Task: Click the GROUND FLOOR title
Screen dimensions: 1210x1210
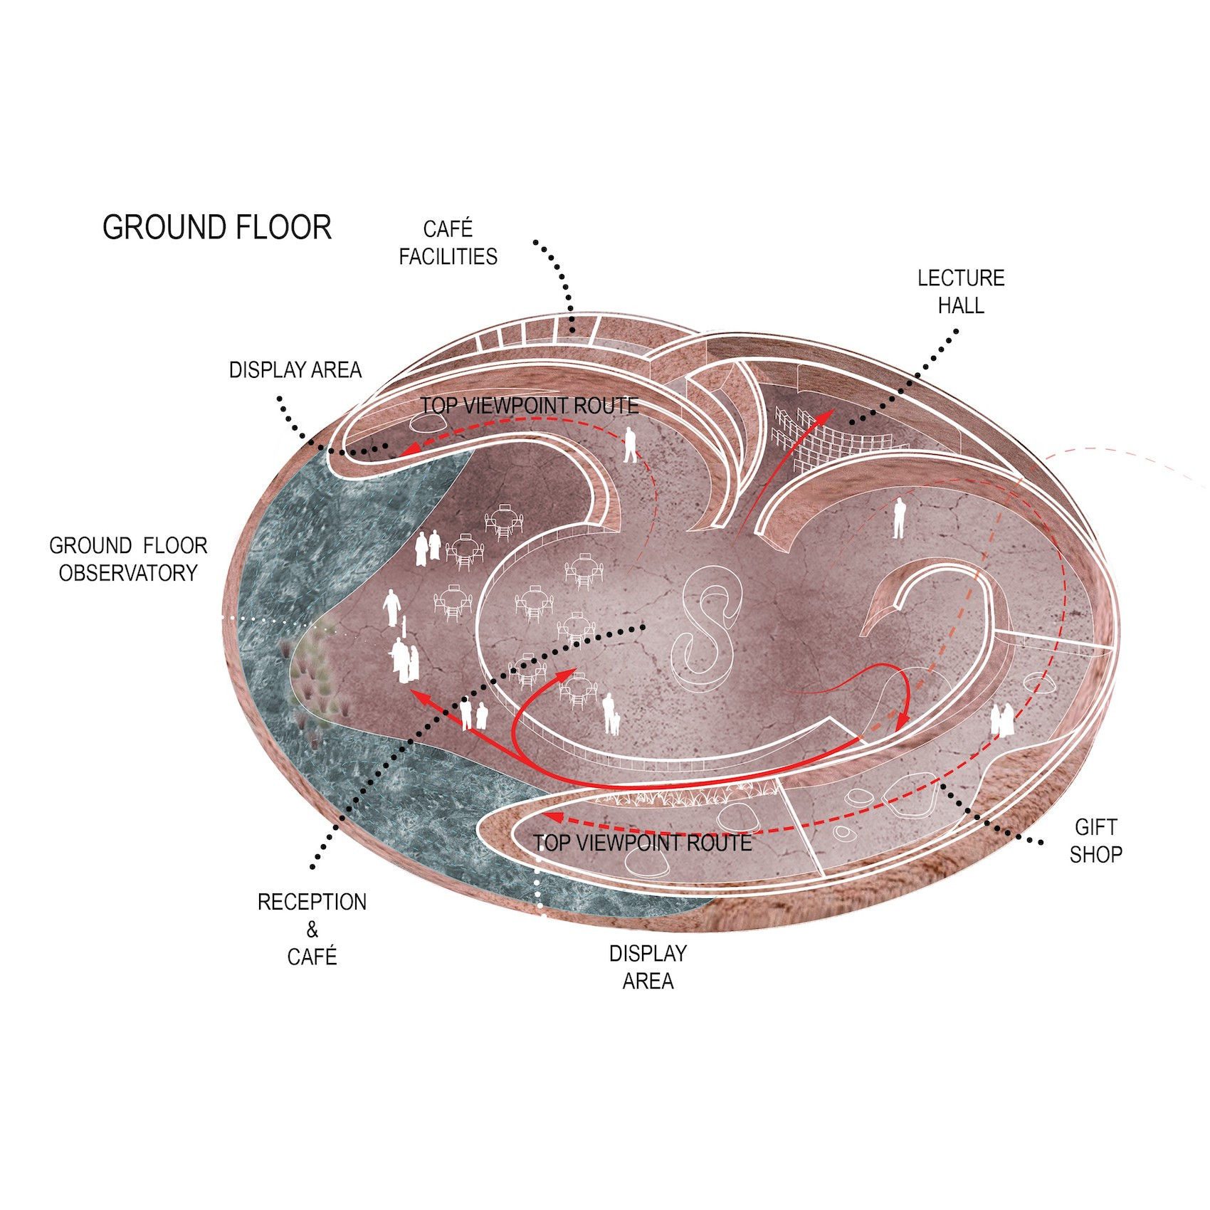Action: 217,228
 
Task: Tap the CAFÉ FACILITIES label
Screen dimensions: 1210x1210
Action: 448,243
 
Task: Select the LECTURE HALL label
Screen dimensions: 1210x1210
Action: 960,291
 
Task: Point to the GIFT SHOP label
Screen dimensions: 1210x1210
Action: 1095,840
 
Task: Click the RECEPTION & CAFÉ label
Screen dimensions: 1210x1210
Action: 312,929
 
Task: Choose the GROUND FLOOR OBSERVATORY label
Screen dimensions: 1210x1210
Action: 128,559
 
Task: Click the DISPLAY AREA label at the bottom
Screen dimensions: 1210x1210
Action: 648,967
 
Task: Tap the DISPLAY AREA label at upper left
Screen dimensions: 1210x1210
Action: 295,370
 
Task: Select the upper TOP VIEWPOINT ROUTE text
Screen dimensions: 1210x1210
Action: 529,406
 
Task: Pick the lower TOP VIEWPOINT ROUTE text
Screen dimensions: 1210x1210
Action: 642,843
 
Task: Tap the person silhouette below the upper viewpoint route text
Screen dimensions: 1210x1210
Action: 629,445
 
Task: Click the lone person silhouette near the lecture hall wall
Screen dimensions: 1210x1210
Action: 899,518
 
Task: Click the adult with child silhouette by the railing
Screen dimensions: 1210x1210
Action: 610,714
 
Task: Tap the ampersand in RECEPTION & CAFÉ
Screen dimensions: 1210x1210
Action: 312,929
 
